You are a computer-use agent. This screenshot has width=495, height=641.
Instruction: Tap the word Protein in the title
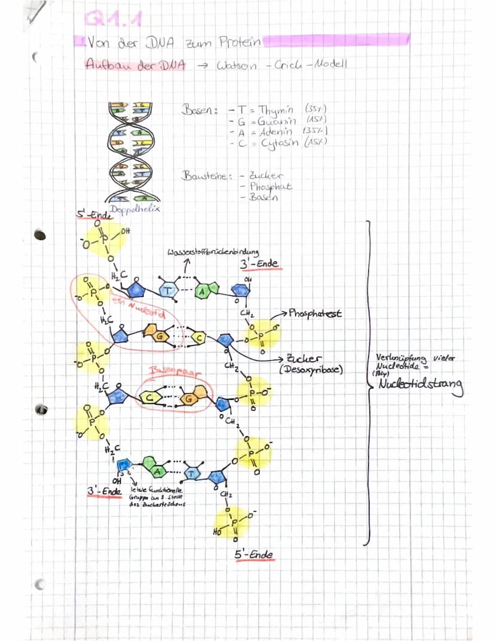coord(239,42)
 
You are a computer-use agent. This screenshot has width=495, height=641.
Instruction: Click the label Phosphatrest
coord(315,313)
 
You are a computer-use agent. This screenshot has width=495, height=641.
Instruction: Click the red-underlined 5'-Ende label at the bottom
coord(254,554)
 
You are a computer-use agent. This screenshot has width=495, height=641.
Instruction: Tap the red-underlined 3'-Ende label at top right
coord(259,264)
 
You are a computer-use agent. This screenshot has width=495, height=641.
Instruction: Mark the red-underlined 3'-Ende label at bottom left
coord(104,491)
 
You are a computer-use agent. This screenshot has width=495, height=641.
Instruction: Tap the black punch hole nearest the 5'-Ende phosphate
coord(40,234)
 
